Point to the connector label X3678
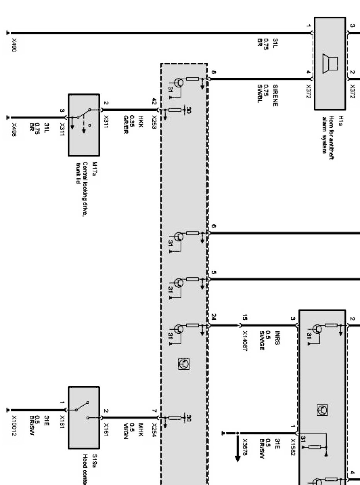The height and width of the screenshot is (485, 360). coord(244,447)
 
